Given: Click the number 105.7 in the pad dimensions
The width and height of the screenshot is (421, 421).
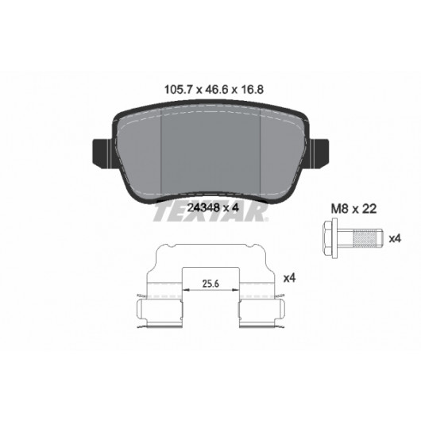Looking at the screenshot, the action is pos(177,90).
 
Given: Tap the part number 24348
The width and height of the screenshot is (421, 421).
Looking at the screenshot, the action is pos(204,207).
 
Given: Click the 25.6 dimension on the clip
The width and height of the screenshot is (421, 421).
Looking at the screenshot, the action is pos(210,284).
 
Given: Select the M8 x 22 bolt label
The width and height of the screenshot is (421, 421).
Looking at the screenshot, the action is pos(353,209).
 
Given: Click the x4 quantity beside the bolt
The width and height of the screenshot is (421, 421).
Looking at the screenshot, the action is pos(395,238).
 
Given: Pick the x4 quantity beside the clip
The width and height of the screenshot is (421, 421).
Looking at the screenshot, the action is pos(289,278).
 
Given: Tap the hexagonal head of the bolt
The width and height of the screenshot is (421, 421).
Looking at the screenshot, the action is pos(327,238).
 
